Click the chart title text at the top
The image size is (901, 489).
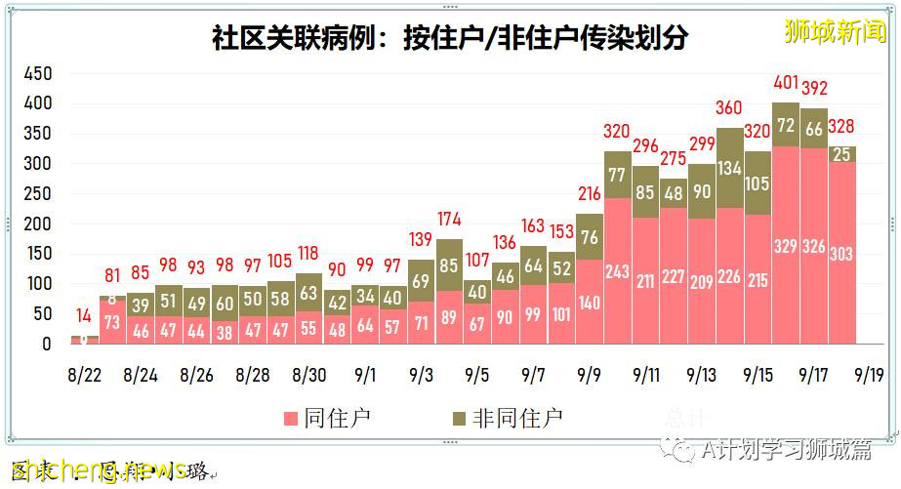[450, 38]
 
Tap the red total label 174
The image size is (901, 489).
[450, 219]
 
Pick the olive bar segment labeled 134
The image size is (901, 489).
[729, 168]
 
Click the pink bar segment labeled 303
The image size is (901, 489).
[842, 253]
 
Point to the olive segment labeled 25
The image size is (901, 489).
[842, 154]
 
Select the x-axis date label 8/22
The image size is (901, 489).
[85, 374]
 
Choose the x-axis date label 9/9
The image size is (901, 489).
[590, 374]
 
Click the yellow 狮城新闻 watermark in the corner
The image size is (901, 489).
[839, 31]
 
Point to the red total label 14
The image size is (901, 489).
[85, 315]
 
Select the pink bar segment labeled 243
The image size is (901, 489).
[617, 271]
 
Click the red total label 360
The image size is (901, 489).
[729, 108]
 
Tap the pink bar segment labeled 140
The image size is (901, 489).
[590, 303]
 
